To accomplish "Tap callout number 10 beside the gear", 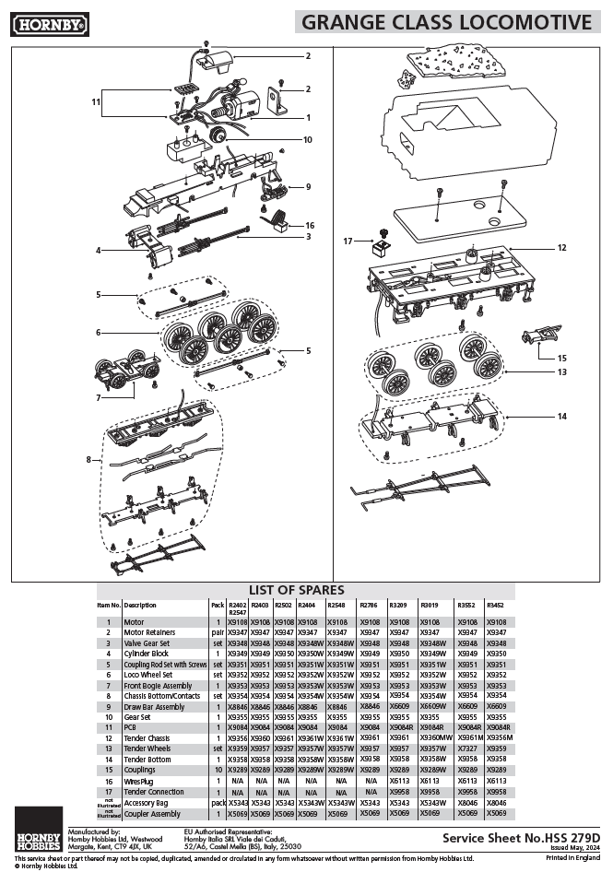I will (x=308, y=140).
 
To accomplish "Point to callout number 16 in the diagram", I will (x=310, y=225).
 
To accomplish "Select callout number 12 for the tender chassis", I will (x=561, y=248).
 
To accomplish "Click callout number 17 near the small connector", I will (x=349, y=241).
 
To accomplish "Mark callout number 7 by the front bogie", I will (x=98, y=397).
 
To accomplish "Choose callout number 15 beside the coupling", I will (x=561, y=357).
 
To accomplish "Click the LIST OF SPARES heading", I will (x=296, y=590).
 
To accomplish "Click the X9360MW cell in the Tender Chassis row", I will (x=436, y=737).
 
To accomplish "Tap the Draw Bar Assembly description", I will (x=154, y=705).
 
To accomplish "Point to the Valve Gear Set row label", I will (x=147, y=642).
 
